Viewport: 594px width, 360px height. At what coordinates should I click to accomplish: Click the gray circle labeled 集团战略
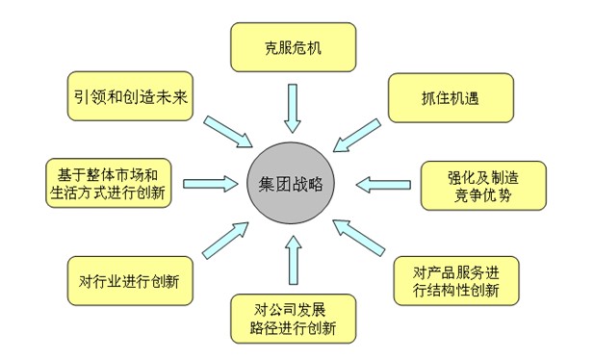click(x=291, y=184)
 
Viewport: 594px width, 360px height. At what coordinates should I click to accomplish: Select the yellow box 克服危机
click(x=293, y=46)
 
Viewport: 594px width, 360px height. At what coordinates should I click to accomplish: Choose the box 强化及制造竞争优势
click(x=482, y=185)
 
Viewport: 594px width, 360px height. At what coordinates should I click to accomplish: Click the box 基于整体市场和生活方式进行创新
click(x=108, y=183)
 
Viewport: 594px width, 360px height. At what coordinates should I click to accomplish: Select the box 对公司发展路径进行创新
click(x=293, y=317)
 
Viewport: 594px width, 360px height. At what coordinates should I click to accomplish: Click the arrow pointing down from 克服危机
click(x=293, y=107)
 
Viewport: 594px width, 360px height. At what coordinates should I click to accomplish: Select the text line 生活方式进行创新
click(x=108, y=193)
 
